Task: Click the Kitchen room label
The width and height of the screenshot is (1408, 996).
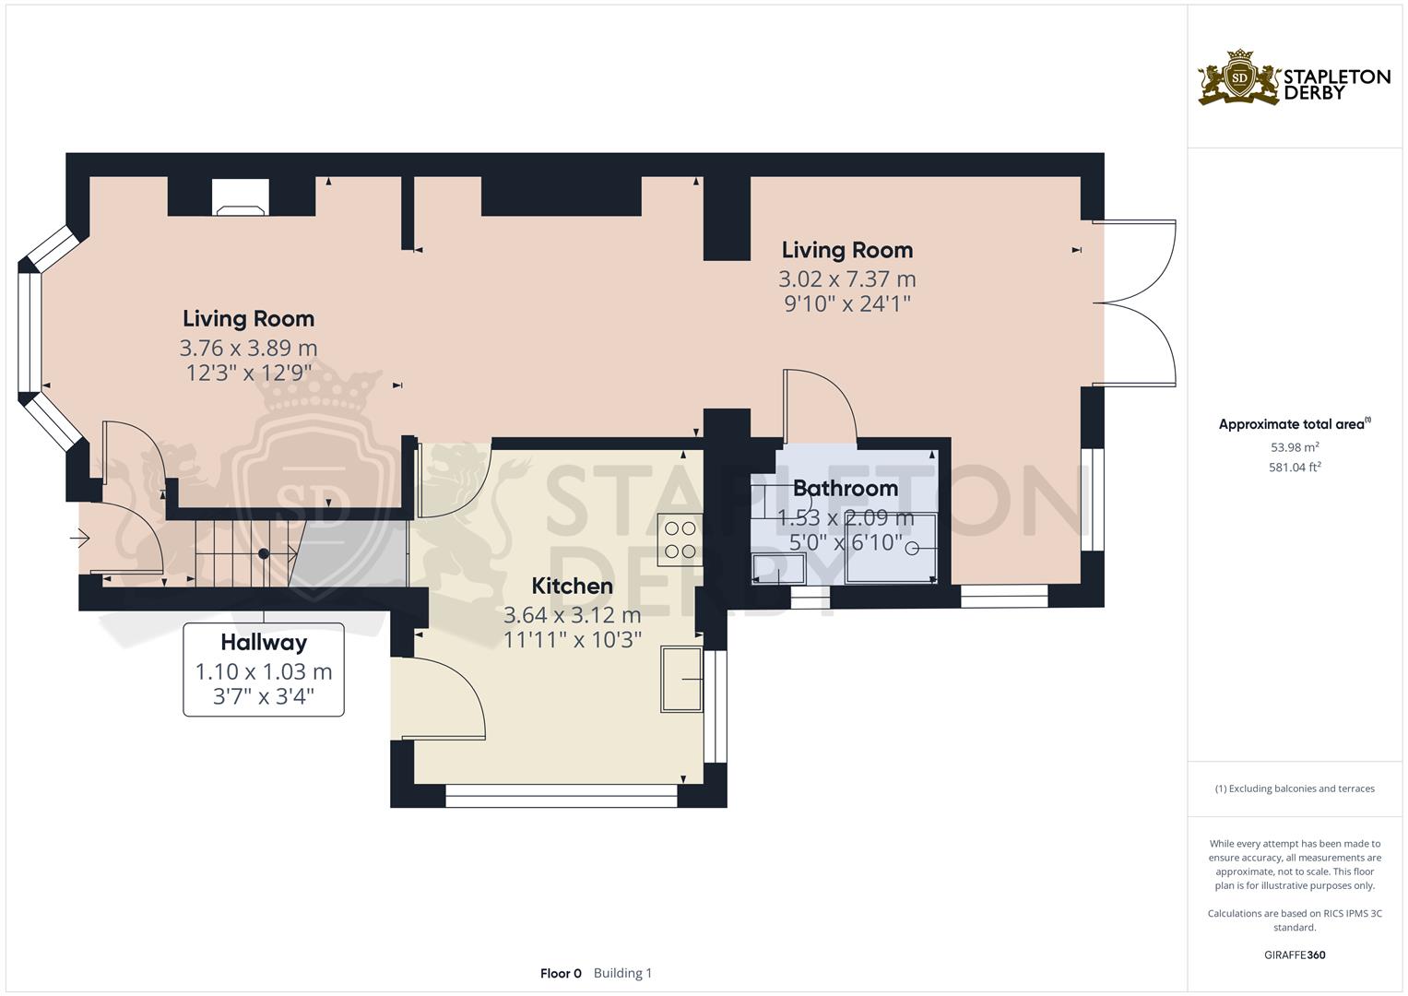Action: click(x=572, y=586)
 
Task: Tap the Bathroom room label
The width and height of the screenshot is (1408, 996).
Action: click(x=845, y=488)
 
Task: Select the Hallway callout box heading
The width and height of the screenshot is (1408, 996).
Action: click(x=264, y=642)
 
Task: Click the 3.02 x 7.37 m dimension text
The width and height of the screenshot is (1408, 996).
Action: click(x=846, y=279)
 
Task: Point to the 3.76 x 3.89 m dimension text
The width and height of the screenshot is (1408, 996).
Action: click(x=248, y=348)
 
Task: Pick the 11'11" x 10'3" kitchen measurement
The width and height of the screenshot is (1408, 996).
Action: click(x=572, y=639)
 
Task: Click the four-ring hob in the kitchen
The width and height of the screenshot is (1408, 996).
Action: click(x=680, y=539)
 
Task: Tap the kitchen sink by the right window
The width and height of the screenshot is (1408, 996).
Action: click(x=681, y=680)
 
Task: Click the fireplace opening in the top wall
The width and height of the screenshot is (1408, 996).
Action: click(x=241, y=196)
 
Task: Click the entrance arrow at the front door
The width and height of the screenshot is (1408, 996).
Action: click(x=81, y=536)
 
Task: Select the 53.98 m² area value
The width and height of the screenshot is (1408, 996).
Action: click(x=1295, y=447)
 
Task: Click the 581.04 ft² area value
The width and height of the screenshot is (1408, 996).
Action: click(x=1295, y=468)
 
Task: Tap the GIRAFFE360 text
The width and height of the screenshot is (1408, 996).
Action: click(x=1295, y=954)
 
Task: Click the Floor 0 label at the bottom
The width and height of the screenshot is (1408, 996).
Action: click(x=561, y=973)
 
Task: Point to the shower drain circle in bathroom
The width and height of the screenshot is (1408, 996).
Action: click(x=912, y=549)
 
